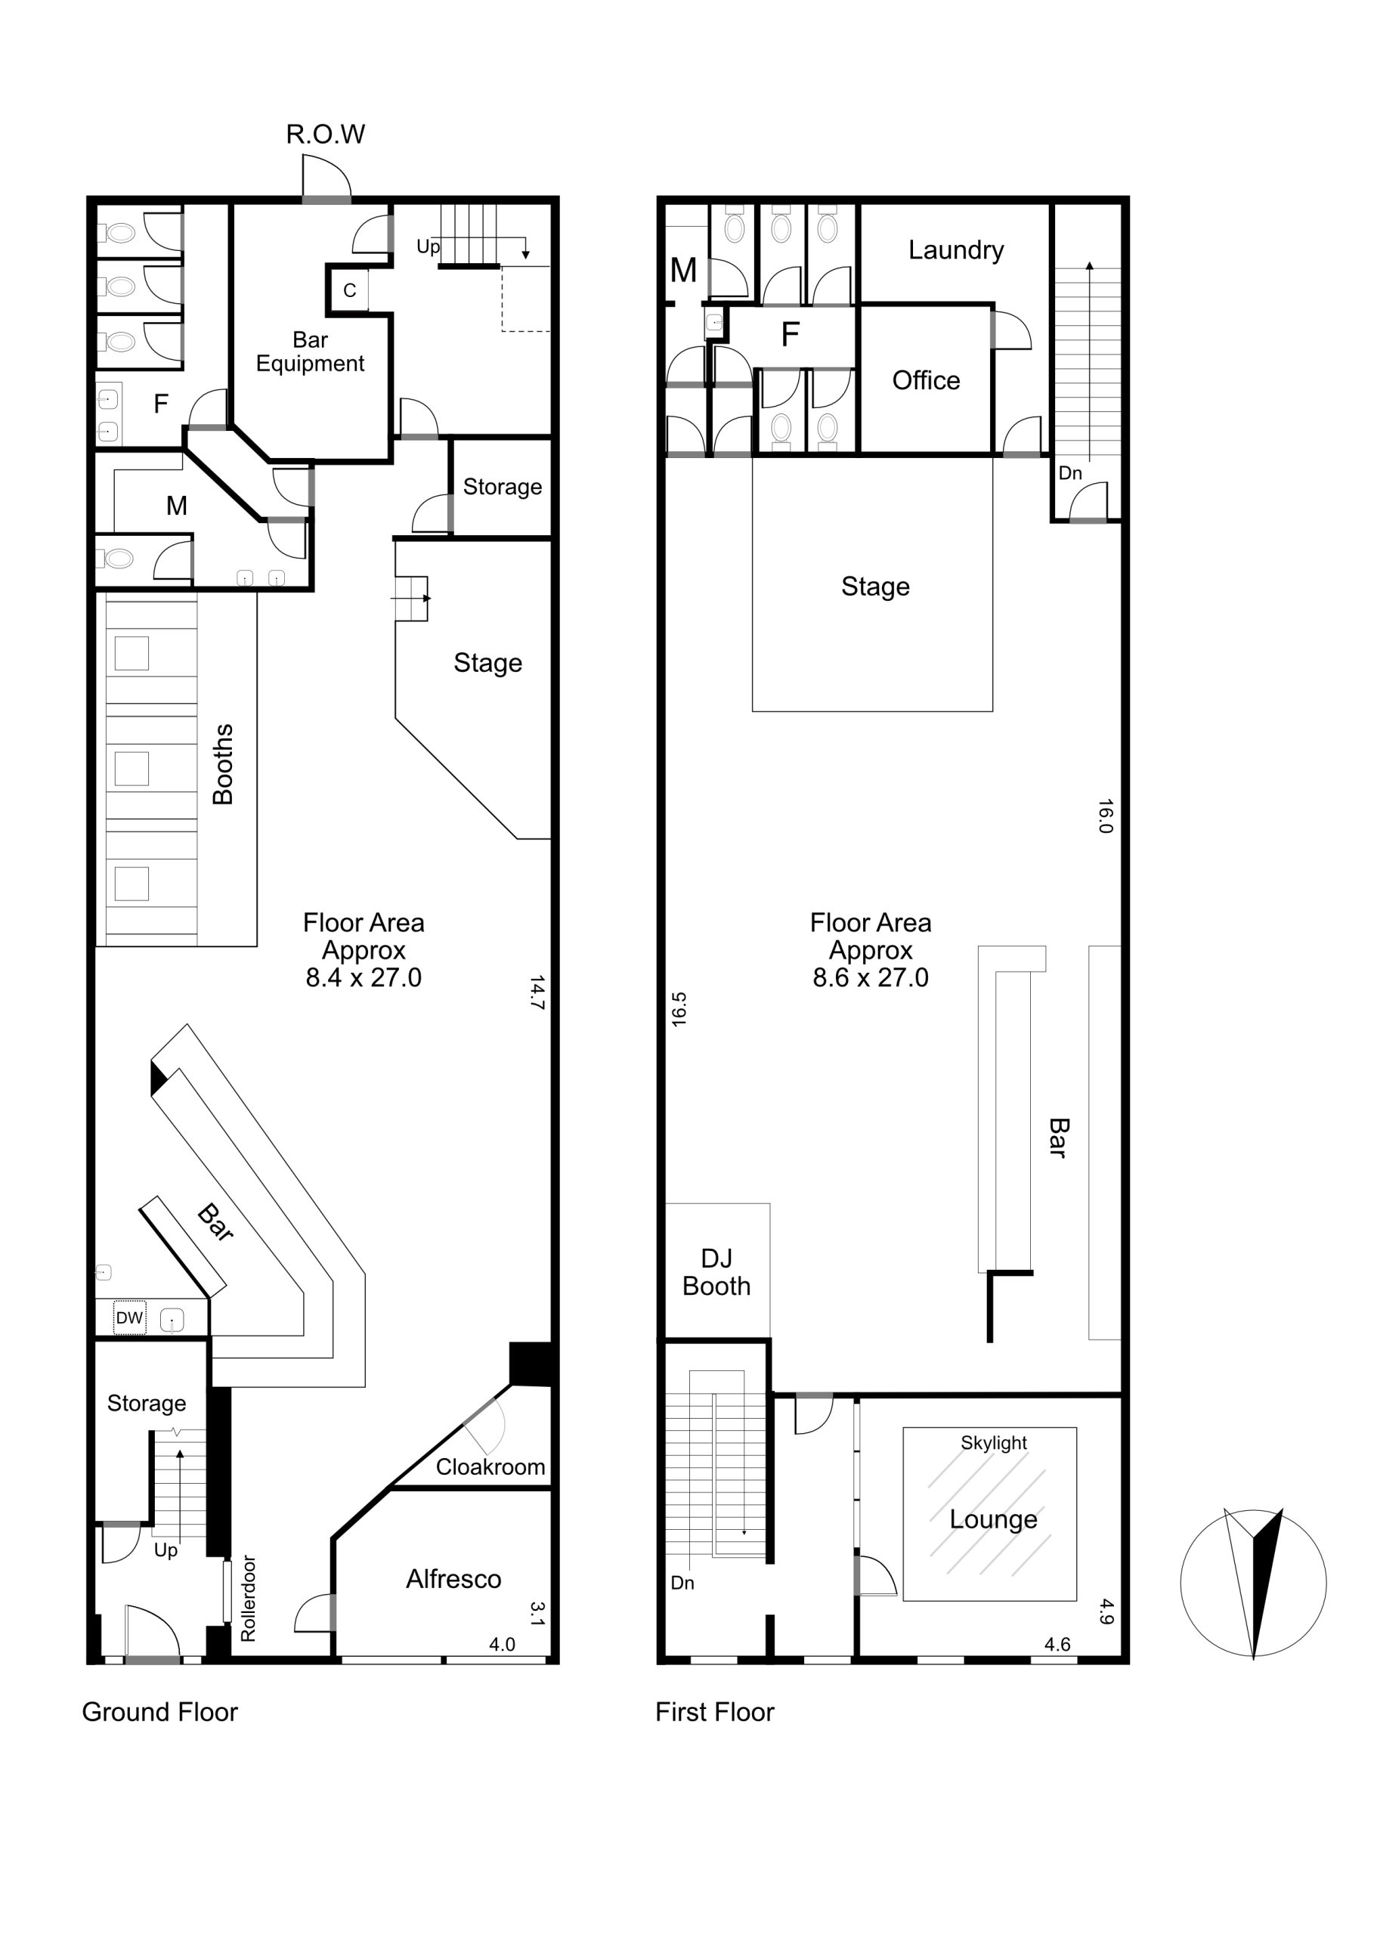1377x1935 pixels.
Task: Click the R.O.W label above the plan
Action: pyautogui.click(x=326, y=134)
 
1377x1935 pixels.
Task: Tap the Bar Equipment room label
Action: pyautogui.click(x=311, y=352)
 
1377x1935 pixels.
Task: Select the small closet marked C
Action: pyautogui.click(x=349, y=291)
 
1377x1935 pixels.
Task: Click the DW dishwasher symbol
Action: pyautogui.click(x=130, y=1317)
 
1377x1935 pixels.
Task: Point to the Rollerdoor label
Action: pyautogui.click(x=248, y=1599)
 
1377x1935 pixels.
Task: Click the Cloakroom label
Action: pyautogui.click(x=490, y=1467)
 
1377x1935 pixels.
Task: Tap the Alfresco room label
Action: pyautogui.click(x=453, y=1579)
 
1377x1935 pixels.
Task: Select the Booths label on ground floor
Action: pyautogui.click(x=222, y=764)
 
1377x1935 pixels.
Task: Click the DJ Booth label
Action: pyautogui.click(x=716, y=1272)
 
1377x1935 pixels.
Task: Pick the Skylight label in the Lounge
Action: pyautogui.click(x=994, y=1443)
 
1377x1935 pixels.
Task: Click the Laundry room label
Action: pyautogui.click(x=955, y=250)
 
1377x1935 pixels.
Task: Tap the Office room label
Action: pyautogui.click(x=926, y=381)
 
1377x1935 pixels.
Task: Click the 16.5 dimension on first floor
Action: pyautogui.click(x=679, y=1010)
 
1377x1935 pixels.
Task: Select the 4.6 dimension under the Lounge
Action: pyautogui.click(x=1057, y=1644)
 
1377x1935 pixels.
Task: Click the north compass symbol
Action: pyautogui.click(x=1253, y=1582)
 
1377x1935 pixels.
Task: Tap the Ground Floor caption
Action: pyautogui.click(x=160, y=1712)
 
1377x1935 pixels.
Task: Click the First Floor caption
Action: pyautogui.click(x=715, y=1712)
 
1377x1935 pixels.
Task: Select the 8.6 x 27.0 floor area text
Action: pyautogui.click(x=871, y=977)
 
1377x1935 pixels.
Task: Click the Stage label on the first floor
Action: pyautogui.click(x=875, y=587)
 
